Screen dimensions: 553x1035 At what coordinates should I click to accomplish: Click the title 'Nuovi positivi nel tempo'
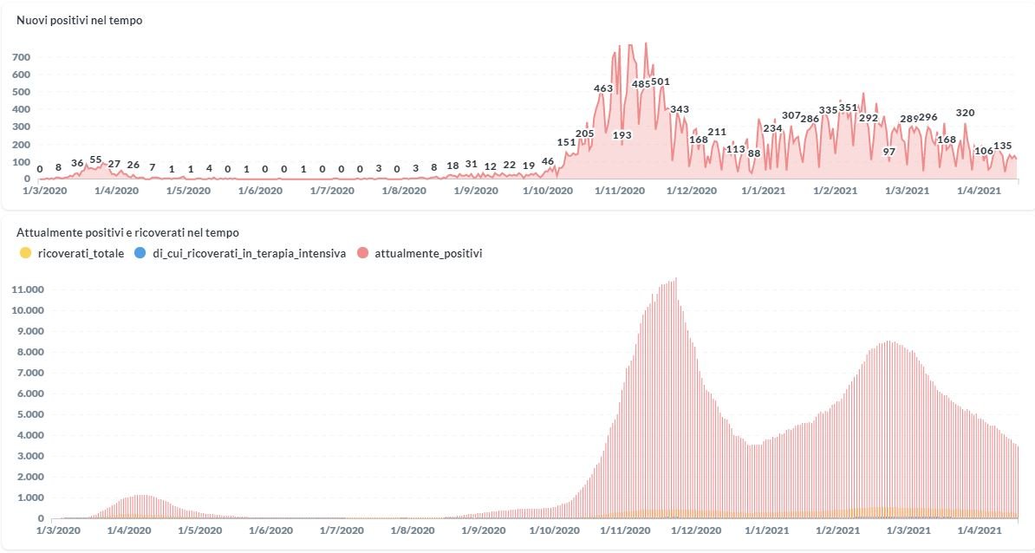80,21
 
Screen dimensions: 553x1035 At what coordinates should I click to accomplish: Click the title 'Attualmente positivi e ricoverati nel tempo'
128,232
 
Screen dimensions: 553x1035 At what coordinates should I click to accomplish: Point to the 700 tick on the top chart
22,57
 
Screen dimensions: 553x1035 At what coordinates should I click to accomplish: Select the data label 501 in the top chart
661,82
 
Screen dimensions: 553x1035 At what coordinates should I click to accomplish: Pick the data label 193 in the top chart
622,135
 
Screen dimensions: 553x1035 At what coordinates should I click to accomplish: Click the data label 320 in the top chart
965,113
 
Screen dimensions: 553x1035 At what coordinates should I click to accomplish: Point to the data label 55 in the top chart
95,160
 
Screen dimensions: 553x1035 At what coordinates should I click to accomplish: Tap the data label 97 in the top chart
889,152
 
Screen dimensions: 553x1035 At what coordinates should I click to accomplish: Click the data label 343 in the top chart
680,109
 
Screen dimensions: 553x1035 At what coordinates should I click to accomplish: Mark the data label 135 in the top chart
1003,146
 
